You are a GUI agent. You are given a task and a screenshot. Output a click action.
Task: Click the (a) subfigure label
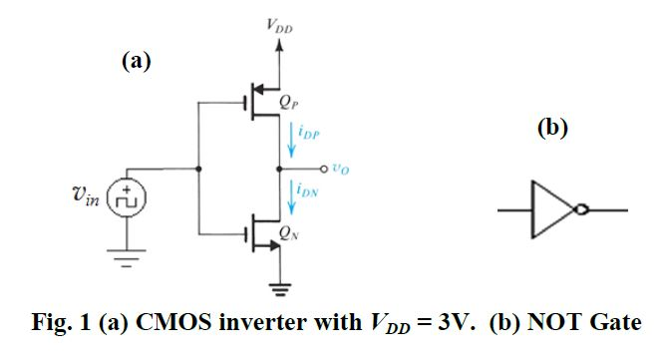point(137,62)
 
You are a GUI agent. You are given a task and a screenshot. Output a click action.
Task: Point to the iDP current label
point(312,131)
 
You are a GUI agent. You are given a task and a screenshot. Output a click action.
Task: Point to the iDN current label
point(312,186)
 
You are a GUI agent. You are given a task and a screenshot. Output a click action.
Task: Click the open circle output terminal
point(326,168)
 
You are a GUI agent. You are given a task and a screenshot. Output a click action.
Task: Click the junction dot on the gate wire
point(200,168)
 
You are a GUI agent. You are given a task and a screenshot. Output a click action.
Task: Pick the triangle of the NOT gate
point(551,209)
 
